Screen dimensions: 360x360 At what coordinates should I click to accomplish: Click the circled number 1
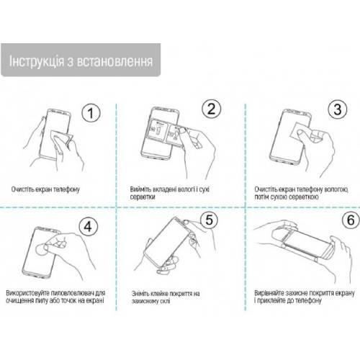click(x=91, y=113)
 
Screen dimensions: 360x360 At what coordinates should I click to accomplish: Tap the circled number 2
click(x=211, y=109)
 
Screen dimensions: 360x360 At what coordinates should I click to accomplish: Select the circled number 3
click(x=337, y=109)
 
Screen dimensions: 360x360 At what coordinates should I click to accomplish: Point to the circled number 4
click(x=88, y=226)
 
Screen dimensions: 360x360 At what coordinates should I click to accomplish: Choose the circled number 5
click(x=210, y=220)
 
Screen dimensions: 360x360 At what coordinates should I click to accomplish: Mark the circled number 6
click(x=351, y=220)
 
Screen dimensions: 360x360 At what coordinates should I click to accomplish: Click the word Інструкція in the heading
click(x=37, y=61)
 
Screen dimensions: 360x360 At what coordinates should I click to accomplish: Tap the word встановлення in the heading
click(x=114, y=62)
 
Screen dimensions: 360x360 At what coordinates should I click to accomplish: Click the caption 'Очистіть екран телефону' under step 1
click(x=45, y=189)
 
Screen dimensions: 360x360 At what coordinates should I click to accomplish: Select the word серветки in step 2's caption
click(x=143, y=197)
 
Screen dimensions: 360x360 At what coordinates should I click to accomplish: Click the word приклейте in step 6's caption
click(x=271, y=301)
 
